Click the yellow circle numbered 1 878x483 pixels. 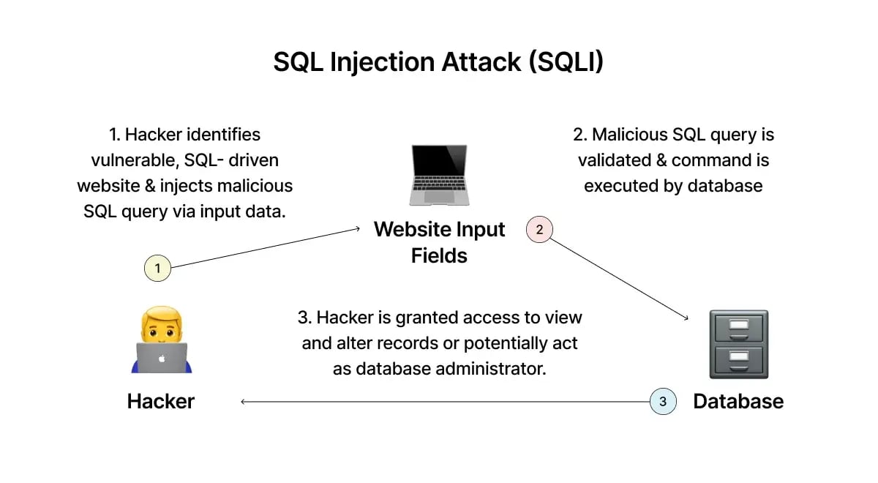click(x=157, y=269)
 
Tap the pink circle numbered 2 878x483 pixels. click(x=539, y=230)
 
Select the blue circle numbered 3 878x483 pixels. click(x=663, y=401)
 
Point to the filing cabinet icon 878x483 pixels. click(x=738, y=343)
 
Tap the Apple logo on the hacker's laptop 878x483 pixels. click(x=161, y=359)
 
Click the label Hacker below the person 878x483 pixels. click(x=161, y=401)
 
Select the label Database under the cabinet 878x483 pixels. click(x=738, y=401)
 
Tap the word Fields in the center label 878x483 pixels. click(x=439, y=255)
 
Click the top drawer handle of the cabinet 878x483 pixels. click(x=738, y=325)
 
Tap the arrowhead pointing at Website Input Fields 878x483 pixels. click(x=358, y=229)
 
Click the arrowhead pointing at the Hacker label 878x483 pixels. click(x=243, y=401)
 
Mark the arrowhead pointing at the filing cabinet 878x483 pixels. click(x=686, y=318)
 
